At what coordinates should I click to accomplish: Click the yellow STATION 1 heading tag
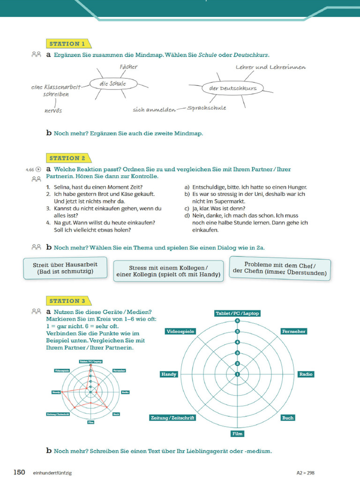67,44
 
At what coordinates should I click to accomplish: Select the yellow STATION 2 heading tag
67,158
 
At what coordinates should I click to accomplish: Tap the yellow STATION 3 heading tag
67,301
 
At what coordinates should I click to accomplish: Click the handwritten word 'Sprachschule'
206,108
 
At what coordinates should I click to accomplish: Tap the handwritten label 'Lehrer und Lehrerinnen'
270,67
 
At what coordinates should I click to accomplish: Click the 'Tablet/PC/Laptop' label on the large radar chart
237,313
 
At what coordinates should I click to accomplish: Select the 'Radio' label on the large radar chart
306,374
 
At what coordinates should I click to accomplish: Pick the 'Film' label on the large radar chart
237,434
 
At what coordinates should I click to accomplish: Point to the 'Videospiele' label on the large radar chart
180,331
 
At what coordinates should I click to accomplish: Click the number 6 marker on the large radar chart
237,321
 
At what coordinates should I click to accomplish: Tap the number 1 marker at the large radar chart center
237,374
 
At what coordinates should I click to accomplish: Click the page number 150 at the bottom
19,472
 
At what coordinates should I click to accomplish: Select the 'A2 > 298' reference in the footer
305,473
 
